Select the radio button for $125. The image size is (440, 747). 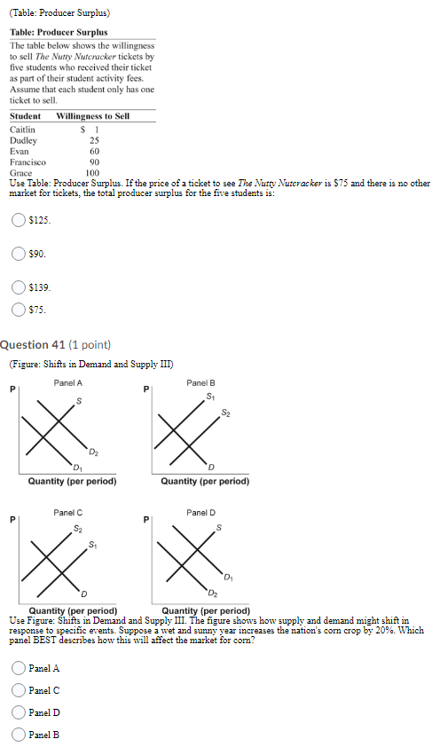coord(18,220)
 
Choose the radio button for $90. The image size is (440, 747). coord(18,254)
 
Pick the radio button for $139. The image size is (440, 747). coord(18,287)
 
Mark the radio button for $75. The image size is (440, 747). coord(18,310)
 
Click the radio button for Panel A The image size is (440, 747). coord(18,668)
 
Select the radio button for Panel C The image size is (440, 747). coord(18,690)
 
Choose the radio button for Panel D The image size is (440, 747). coord(18,712)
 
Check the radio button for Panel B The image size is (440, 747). coord(18,734)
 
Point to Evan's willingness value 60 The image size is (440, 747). coord(94,152)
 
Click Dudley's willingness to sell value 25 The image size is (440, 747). coord(94,140)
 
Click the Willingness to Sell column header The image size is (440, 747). coord(92,116)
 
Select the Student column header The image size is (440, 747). coord(25,116)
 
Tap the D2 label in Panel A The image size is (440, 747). coord(93,453)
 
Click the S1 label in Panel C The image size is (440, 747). coord(94,544)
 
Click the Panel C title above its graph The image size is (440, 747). coord(68,513)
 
